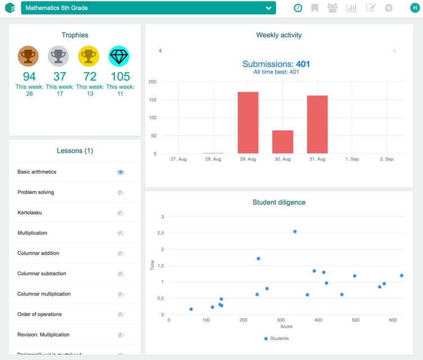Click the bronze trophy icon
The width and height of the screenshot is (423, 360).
(28, 56)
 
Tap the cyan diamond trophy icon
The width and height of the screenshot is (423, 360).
(118, 56)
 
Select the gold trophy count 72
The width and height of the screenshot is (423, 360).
(90, 76)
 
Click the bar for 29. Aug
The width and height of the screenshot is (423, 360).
(248, 122)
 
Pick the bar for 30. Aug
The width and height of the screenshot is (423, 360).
(283, 142)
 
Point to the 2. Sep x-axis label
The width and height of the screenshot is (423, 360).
(386, 159)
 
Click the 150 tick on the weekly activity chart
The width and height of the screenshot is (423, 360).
(152, 100)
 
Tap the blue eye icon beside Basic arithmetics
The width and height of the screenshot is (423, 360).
(120, 172)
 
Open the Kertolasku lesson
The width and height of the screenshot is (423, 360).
(30, 213)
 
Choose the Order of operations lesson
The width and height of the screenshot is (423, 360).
(39, 314)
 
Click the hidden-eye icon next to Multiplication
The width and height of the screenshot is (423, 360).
(120, 233)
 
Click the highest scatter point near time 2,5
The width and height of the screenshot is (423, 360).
(294, 231)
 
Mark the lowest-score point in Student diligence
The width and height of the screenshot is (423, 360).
(191, 309)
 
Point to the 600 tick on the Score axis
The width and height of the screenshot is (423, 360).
(392, 320)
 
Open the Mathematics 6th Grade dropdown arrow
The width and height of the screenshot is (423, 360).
(269, 8)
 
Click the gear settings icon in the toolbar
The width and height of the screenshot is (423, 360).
(389, 8)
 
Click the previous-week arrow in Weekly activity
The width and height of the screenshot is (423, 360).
(160, 51)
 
